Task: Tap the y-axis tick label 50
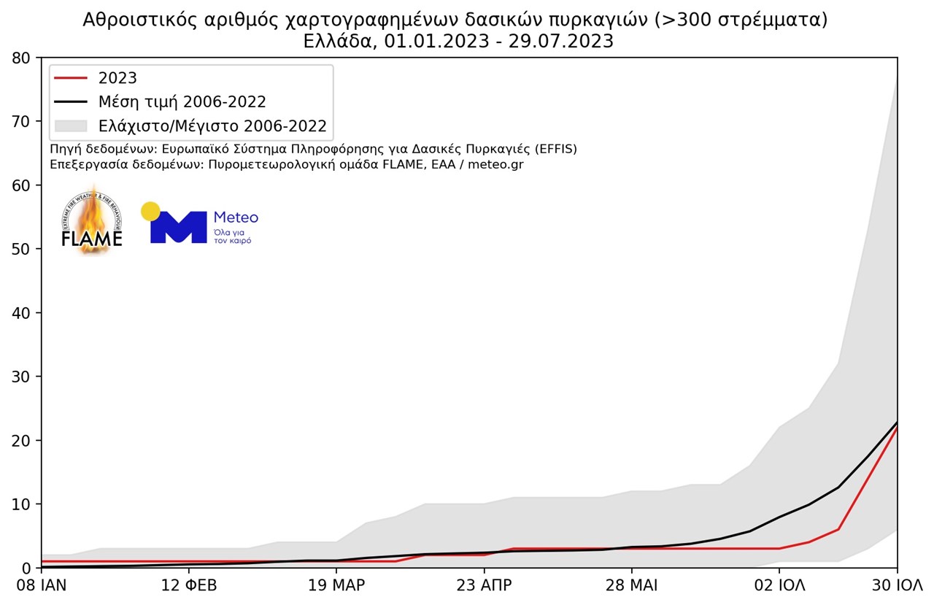tap(22, 249)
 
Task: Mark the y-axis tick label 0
tap(26, 568)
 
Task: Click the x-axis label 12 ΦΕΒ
tap(189, 586)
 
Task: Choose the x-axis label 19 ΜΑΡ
tap(336, 586)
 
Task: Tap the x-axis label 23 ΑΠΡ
tap(484, 586)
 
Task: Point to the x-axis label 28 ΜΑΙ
tap(631, 586)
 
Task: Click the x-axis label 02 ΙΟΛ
tap(779, 586)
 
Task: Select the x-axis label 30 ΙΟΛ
tap(898, 586)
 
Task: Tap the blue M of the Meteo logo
tap(179, 227)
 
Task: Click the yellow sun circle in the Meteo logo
tap(150, 211)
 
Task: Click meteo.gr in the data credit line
tap(495, 164)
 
